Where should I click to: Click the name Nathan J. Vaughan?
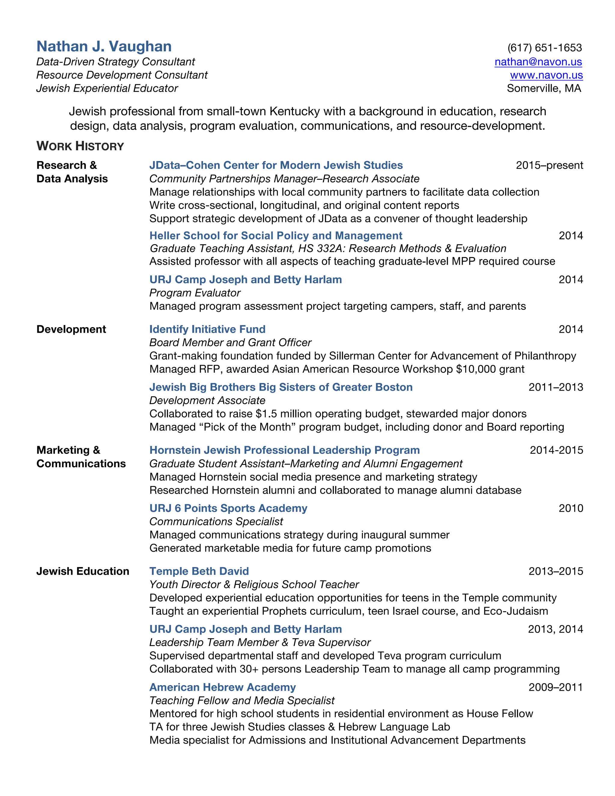tap(104, 47)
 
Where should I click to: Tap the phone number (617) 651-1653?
tap(544, 48)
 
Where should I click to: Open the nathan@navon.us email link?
tap(538, 62)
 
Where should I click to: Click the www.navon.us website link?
tap(546, 75)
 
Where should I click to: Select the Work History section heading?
tap(80, 146)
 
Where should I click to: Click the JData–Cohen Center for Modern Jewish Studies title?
tap(276, 166)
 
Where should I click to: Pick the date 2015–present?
tap(549, 166)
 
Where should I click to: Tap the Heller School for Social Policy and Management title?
tap(276, 236)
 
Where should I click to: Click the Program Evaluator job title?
tap(195, 293)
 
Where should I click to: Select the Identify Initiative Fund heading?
tap(207, 330)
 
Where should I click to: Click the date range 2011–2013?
tap(556, 387)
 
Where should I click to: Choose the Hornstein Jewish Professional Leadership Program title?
tap(285, 451)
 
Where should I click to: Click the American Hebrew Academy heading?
tap(222, 687)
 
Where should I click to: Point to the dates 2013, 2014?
tap(555, 629)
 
